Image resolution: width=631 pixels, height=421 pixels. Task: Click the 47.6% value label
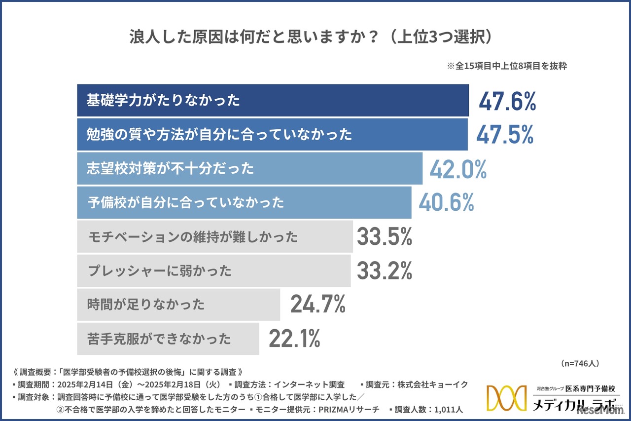[507, 102]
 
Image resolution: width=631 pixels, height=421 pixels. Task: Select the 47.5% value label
[505, 135]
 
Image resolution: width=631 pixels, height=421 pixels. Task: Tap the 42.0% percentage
[458, 169]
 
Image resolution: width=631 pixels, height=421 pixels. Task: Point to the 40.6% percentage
[446, 202]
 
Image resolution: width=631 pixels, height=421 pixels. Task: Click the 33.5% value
[384, 237]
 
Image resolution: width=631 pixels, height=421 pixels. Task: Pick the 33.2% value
[384, 270]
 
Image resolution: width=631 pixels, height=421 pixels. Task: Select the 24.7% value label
[317, 304]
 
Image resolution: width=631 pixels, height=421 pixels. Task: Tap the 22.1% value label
[294, 339]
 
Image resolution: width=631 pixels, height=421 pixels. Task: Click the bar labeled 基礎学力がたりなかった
[273, 101]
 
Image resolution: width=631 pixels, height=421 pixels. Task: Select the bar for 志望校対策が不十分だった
[249, 168]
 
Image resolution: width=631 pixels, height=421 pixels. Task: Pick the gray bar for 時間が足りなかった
[178, 304]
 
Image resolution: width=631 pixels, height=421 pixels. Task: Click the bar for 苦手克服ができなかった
[168, 339]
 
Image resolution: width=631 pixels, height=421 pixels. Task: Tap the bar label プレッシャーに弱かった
[159, 271]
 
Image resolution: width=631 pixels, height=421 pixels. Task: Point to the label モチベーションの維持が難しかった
[193, 237]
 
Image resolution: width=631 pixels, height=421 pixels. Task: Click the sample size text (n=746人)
[580, 363]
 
